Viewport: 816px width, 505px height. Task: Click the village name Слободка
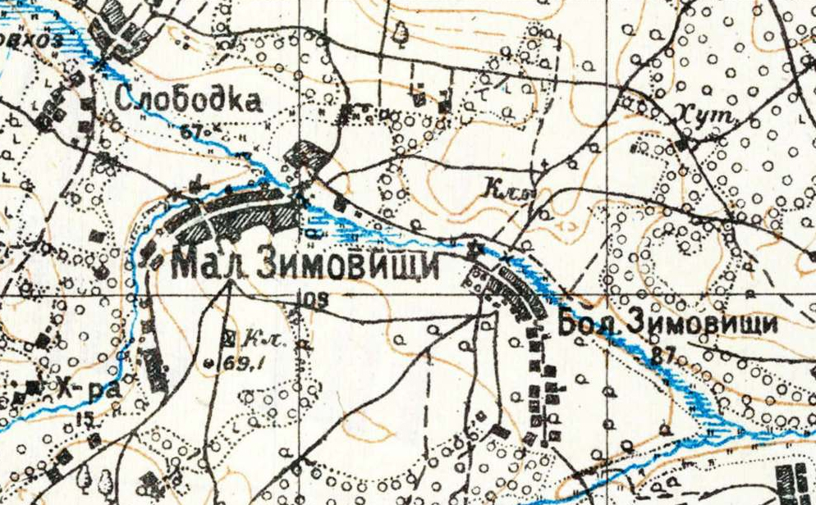(189, 100)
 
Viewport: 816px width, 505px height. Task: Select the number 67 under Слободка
(191, 130)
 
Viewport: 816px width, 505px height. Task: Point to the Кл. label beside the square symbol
(257, 337)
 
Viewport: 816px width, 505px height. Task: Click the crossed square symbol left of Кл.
(228, 335)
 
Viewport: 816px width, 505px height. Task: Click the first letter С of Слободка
(125, 101)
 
